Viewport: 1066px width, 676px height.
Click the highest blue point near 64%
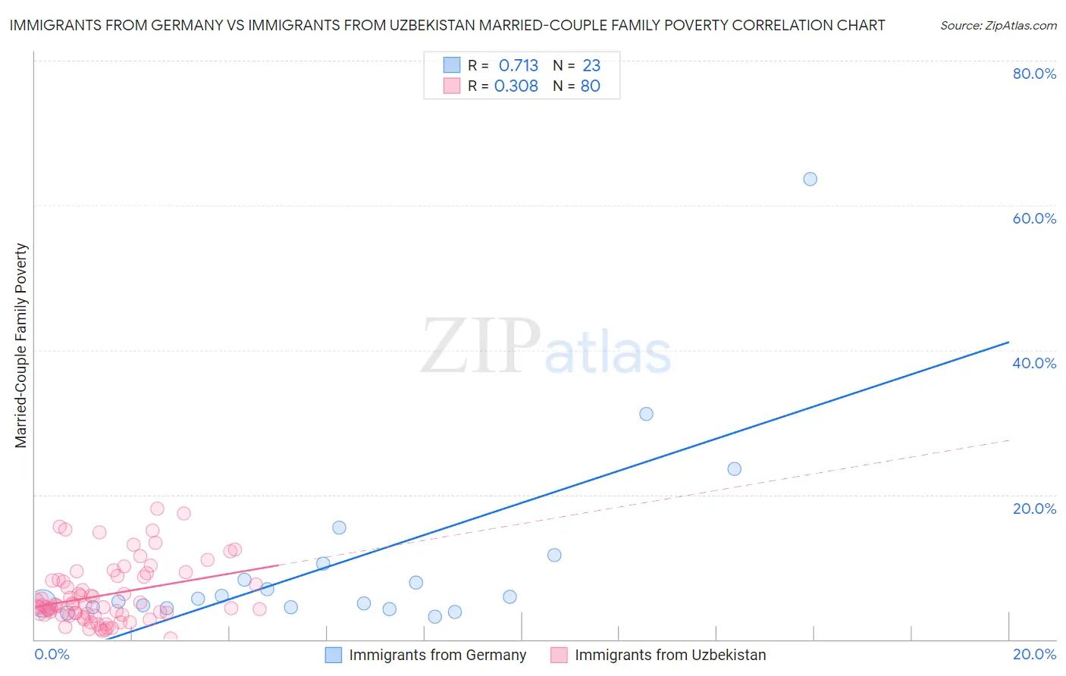tap(810, 179)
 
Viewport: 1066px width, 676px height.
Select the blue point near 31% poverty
tap(646, 414)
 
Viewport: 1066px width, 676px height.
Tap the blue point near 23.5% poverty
tap(734, 469)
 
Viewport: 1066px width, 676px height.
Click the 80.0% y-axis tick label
tap(1034, 74)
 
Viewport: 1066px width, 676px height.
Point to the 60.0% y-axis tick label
tap(1034, 218)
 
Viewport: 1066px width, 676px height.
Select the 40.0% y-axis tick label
tap(1034, 363)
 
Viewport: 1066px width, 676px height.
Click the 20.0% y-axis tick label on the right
tap(1034, 509)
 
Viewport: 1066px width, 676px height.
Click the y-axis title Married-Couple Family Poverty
tap(21, 346)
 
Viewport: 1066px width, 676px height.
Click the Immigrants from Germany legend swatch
tap(334, 655)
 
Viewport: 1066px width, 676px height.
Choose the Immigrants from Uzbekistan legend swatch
tap(559, 655)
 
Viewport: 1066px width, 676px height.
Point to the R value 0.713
tap(518, 66)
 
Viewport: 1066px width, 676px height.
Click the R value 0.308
tap(516, 86)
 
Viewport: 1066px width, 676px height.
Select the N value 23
tap(591, 66)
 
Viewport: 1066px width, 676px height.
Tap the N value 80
tap(590, 86)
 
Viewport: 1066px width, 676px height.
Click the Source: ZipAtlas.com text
tap(998, 26)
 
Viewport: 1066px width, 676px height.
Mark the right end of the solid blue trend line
tap(1008, 342)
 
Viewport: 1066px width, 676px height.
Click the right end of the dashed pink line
tap(1008, 440)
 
